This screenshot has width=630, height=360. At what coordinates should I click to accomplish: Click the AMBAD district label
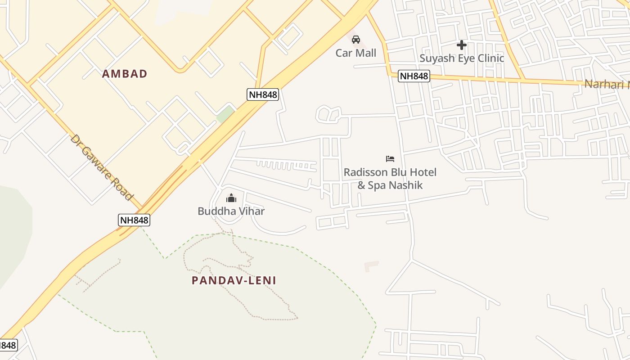[x=125, y=74]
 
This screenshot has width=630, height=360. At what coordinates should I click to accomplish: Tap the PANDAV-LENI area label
[x=234, y=280]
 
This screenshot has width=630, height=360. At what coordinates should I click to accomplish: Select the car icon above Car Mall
[x=356, y=39]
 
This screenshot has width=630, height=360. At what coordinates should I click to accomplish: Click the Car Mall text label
[x=356, y=53]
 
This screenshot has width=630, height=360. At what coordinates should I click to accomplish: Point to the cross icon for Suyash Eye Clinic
[x=461, y=45]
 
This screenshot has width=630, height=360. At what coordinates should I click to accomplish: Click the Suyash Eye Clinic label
[x=462, y=58]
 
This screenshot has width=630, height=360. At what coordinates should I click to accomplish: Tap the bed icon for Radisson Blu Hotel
[x=390, y=159]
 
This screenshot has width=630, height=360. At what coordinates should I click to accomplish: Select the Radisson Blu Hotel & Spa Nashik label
[x=390, y=178]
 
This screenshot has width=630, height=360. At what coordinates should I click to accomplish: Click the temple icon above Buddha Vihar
[x=231, y=198]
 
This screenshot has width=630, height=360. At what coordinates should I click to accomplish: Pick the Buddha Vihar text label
[x=231, y=211]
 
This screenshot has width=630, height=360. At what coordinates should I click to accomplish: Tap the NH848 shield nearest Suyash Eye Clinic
[x=414, y=76]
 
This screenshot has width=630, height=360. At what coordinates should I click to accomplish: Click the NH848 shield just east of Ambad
[x=263, y=94]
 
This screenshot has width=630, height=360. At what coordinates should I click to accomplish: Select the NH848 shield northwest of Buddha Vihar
[x=134, y=220]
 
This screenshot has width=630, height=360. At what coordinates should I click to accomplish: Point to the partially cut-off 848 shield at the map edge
[x=8, y=345]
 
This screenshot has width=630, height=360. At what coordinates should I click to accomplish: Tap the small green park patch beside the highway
[x=225, y=114]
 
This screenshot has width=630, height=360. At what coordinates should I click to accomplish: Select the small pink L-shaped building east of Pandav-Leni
[x=370, y=266]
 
